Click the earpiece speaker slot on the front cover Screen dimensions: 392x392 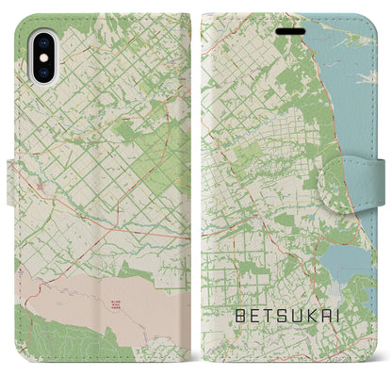pyautogui.click(x=289, y=24)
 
